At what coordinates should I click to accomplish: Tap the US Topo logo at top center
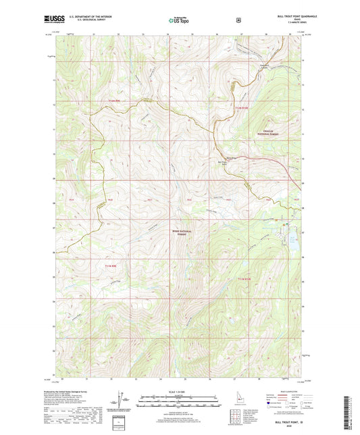178,21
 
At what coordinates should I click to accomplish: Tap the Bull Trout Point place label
222,163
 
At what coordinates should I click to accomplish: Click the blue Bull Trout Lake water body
292,238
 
